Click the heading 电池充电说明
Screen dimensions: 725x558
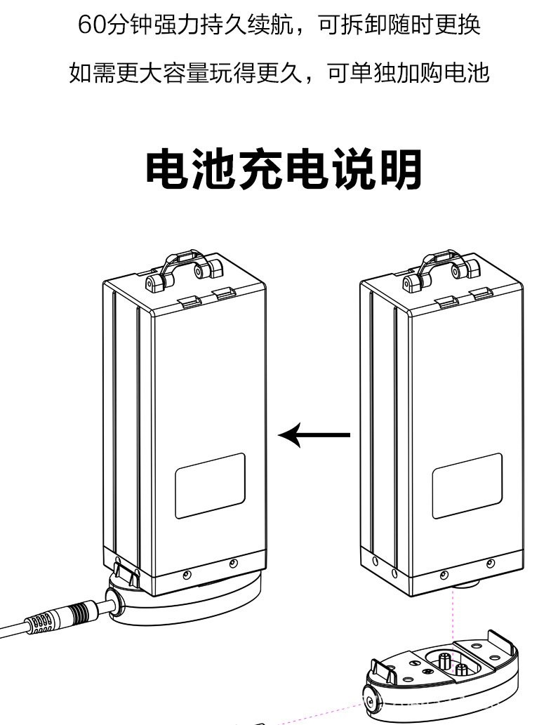coord(284,170)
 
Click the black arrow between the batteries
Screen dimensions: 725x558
coord(314,435)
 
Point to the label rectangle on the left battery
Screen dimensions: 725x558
coord(210,486)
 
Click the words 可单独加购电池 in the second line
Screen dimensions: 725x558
coord(408,72)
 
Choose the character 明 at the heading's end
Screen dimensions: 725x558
coord(401,170)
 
